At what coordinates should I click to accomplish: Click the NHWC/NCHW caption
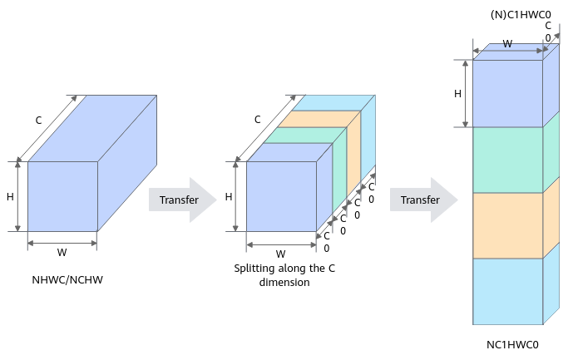67,280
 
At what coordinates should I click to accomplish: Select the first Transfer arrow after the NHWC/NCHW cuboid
183,200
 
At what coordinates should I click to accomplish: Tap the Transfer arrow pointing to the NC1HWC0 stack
424,200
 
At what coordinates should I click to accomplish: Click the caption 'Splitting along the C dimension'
284,275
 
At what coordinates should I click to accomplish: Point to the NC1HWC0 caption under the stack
512,344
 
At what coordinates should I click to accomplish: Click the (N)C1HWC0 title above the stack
521,14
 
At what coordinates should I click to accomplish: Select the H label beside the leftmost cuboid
10,197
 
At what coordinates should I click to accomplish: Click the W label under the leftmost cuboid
62,252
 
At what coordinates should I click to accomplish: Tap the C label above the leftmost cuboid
38,121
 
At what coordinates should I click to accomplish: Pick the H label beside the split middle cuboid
229,197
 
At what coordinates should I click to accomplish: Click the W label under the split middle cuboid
280,254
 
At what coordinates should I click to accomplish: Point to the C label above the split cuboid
257,120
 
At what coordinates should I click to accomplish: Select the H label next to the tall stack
457,94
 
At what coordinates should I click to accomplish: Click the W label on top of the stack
507,44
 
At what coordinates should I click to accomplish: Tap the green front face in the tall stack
508,160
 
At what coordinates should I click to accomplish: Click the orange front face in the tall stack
508,225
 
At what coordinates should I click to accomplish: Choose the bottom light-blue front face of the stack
508,291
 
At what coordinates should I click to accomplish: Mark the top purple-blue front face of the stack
508,93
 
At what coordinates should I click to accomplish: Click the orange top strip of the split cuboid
319,119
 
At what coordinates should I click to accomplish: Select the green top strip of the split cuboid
305,135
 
